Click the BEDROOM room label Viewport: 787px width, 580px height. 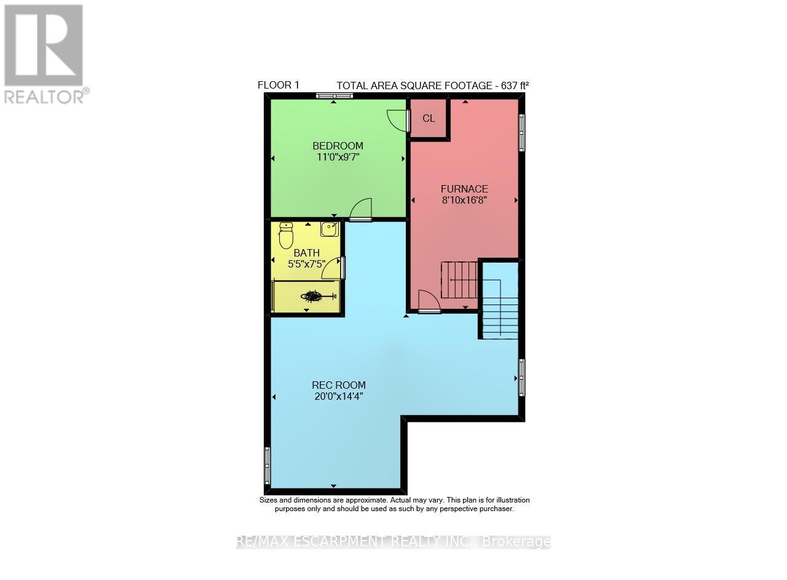point(338,146)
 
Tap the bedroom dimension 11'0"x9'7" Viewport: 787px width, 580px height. point(338,157)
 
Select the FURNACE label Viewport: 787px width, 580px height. point(464,189)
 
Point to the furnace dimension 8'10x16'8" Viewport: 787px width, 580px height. point(464,200)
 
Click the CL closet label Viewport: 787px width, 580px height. point(429,119)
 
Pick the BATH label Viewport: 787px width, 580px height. point(306,253)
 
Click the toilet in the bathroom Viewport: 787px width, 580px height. point(286,236)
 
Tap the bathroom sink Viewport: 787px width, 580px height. point(329,230)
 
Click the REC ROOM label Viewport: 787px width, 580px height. point(338,386)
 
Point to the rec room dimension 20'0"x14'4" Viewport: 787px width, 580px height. point(338,397)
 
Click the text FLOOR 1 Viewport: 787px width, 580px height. point(278,85)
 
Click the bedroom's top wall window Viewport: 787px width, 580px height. point(334,95)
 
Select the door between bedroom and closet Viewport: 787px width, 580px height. point(400,121)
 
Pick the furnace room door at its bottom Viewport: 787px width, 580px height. point(429,303)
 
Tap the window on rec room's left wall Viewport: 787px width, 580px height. point(267,465)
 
